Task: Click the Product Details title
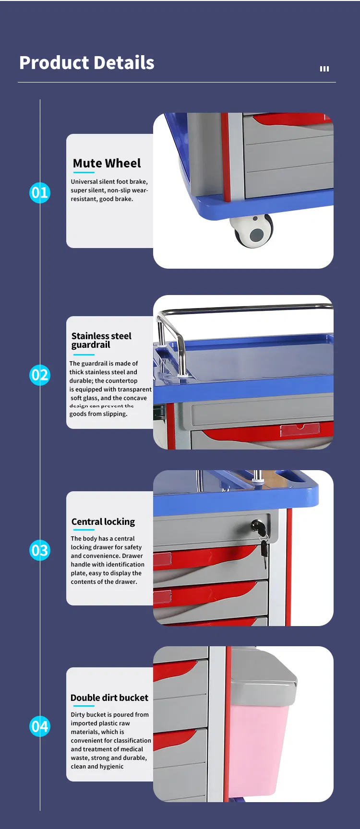point(87,63)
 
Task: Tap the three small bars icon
point(324,69)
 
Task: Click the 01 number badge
point(40,193)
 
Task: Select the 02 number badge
point(40,375)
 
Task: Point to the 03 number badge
point(40,550)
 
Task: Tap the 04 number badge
point(40,726)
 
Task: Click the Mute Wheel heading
point(107,164)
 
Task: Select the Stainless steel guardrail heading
point(101,340)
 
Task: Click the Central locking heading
point(103,521)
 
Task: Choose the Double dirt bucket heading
point(109,698)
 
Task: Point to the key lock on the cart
point(258,527)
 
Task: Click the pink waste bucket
point(259,748)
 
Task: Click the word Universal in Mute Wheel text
point(84,182)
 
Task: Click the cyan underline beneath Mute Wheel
point(84,173)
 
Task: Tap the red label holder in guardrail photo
point(300,429)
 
